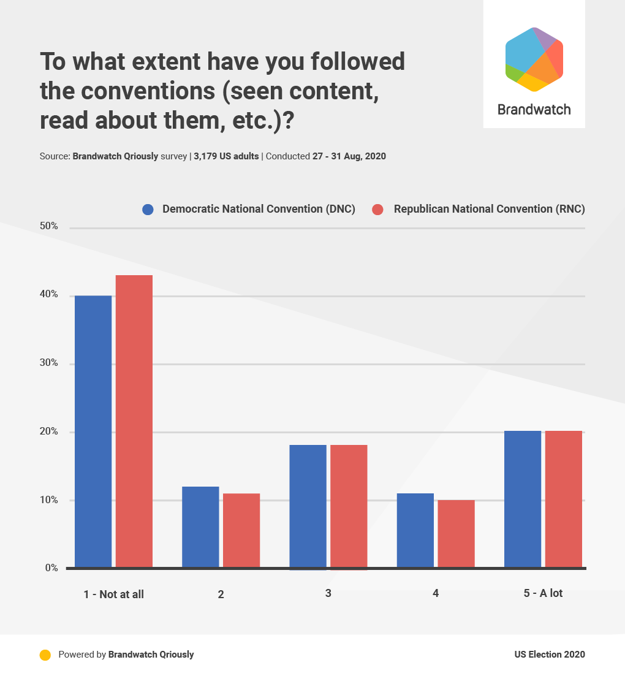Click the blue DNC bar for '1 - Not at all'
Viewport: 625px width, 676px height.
93,431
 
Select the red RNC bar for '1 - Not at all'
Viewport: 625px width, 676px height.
134,421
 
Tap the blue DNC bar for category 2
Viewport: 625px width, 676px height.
200,527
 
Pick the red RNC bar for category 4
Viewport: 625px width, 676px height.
456,534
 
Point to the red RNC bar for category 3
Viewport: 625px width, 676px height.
349,506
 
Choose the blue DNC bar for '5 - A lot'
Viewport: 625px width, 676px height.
523,499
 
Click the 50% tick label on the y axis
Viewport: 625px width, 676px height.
49,227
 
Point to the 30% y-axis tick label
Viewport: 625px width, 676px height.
49,363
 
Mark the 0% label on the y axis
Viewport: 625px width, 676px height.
51,568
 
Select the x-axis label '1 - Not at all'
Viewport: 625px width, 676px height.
114,594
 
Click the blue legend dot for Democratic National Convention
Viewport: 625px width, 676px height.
148,210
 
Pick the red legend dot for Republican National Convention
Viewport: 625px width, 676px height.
378,210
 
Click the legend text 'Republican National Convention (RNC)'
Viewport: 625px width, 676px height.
489,209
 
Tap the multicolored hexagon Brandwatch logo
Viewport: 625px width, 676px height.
534,59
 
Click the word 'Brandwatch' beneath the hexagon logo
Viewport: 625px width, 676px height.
534,110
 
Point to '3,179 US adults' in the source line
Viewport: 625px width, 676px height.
226,156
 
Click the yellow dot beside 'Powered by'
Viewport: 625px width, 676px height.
45,655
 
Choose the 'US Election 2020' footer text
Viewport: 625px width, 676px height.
550,655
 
